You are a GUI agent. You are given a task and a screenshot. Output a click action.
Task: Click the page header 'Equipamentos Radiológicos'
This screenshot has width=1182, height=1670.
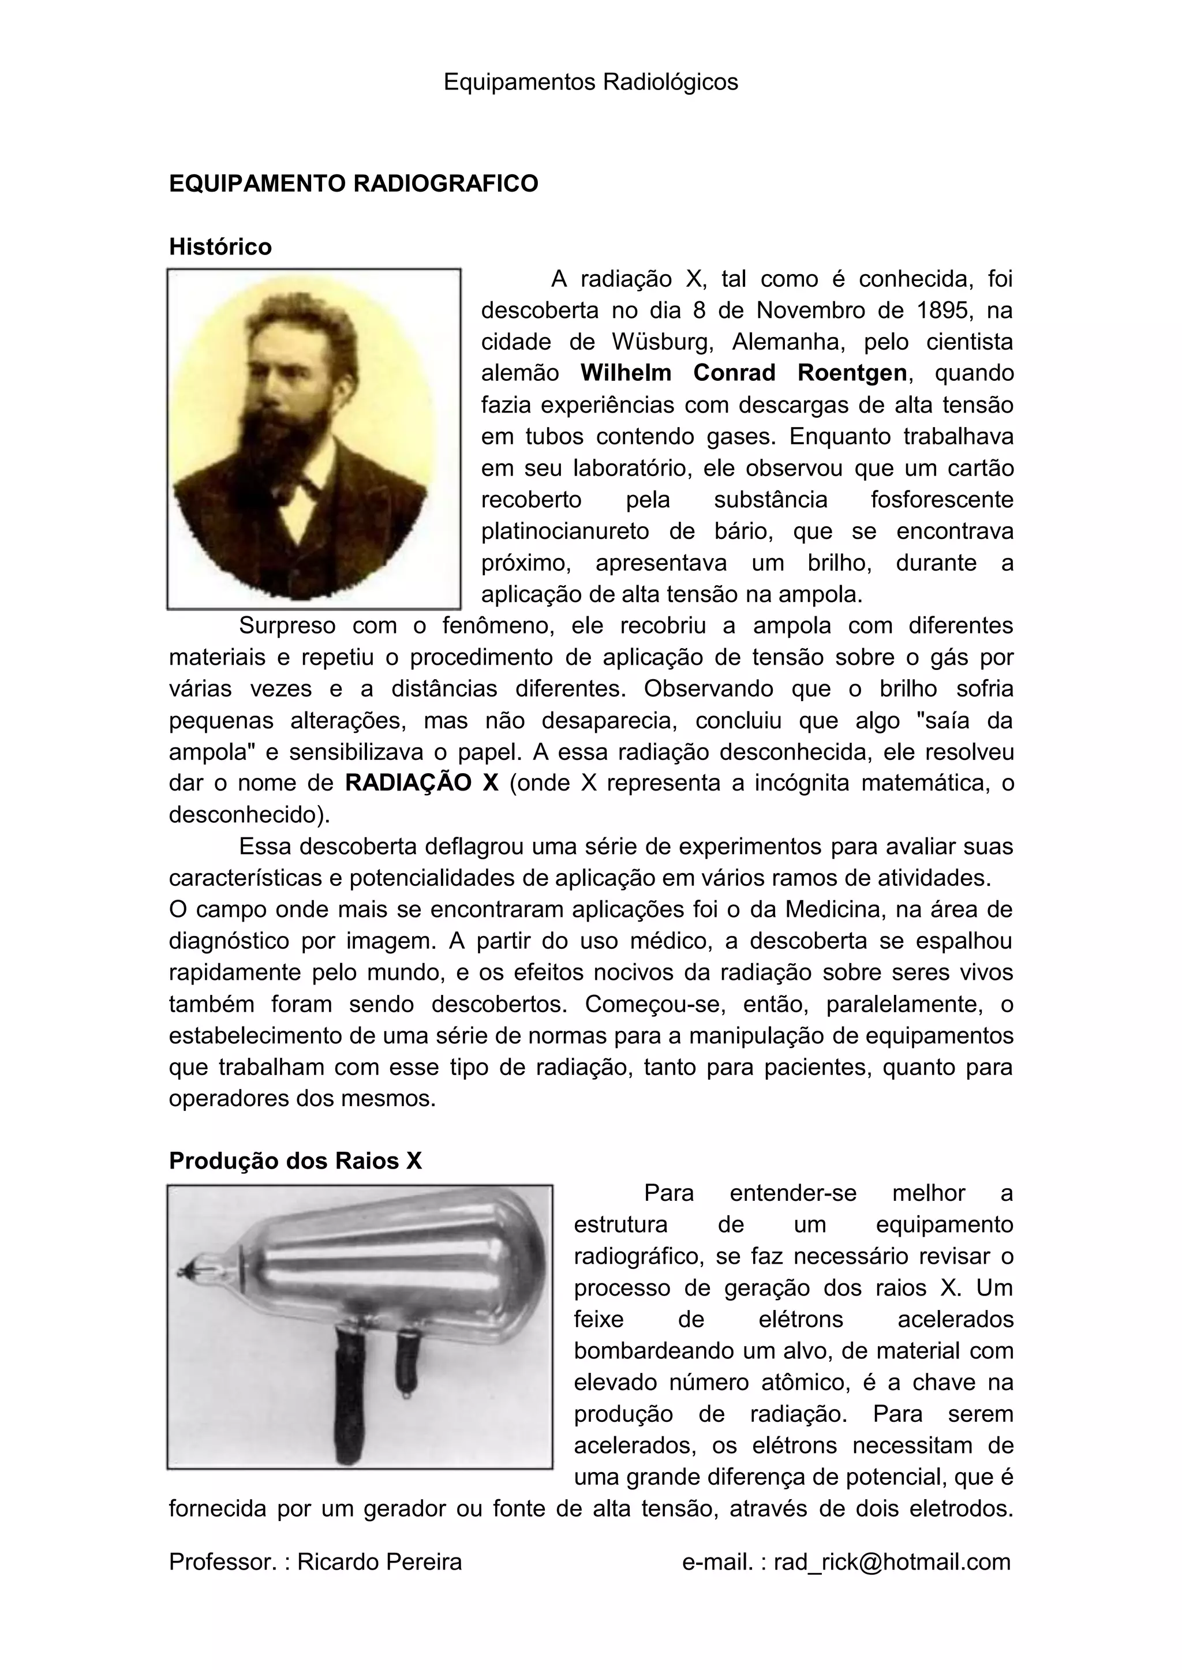[x=590, y=82]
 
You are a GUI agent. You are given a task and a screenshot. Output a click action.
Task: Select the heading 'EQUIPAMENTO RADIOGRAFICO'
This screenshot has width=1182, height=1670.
[x=353, y=184]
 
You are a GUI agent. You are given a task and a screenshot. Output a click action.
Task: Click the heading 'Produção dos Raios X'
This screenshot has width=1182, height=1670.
[x=295, y=1160]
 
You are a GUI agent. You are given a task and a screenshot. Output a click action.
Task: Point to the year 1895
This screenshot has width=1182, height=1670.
[x=943, y=310]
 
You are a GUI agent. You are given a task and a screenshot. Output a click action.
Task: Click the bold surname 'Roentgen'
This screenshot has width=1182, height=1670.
[x=851, y=373]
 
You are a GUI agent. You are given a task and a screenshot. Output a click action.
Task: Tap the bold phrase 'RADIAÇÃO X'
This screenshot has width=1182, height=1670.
[x=421, y=784]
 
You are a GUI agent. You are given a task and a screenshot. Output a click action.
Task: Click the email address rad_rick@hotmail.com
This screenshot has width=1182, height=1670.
[x=892, y=1562]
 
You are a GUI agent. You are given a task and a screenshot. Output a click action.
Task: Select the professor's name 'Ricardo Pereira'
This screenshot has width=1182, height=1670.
[x=379, y=1562]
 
